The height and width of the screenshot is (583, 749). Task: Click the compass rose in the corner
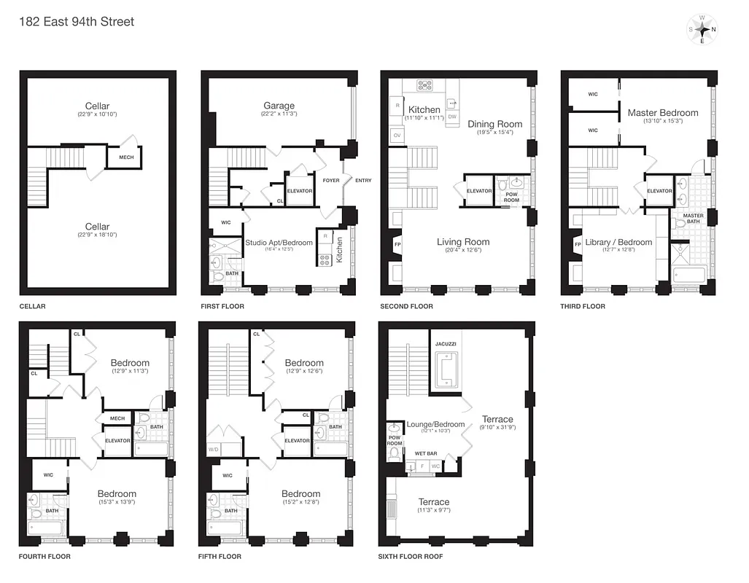702,30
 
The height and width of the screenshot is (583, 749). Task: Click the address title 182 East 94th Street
77,21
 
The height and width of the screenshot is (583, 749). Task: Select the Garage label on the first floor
279,106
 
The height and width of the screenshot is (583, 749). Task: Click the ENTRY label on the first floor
363,181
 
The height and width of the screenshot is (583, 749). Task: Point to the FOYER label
331,181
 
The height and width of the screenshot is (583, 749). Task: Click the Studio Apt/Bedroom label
279,243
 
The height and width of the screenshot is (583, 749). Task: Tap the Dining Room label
494,124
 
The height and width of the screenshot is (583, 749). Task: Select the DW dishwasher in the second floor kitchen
452,117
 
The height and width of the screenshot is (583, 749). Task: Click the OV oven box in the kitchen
397,136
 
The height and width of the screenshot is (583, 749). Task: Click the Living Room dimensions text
463,251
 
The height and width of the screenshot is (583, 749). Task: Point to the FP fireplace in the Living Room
397,244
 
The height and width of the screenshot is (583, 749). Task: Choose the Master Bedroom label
662,113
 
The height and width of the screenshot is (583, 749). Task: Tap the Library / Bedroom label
618,243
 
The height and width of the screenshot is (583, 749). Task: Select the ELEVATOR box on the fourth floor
117,441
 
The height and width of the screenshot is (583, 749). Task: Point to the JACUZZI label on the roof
445,343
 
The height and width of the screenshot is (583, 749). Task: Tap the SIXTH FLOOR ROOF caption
411,557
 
